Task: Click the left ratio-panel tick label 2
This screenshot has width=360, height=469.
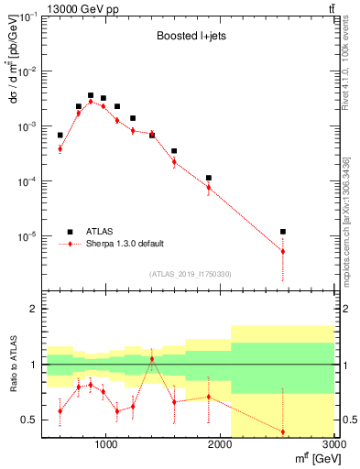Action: tap(33, 310)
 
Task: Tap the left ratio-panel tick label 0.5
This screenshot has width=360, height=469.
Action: tap(29, 420)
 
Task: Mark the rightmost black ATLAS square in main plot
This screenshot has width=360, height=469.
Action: tap(283, 232)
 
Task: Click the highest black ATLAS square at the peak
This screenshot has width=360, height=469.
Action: tap(91, 95)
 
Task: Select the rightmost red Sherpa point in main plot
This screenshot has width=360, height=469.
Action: tap(283, 251)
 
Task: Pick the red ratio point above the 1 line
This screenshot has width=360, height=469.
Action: tap(152, 359)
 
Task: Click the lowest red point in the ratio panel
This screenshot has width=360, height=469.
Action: tap(283, 431)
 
